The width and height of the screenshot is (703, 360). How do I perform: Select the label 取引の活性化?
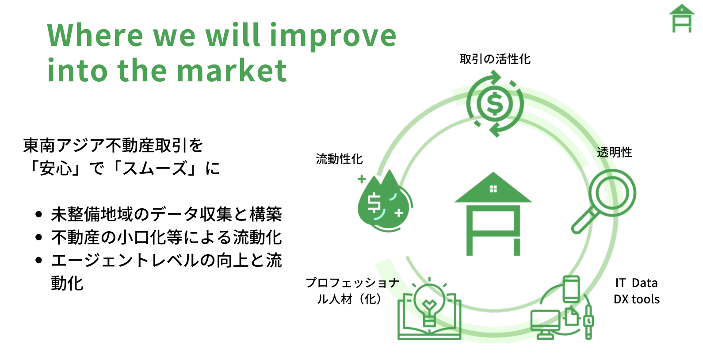(x=495, y=59)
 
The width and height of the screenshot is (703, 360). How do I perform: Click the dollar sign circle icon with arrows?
(x=495, y=103)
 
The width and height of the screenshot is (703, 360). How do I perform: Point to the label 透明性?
(x=614, y=152)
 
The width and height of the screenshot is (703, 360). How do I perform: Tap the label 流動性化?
(x=339, y=159)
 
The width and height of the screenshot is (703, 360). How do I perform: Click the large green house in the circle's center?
(x=493, y=214)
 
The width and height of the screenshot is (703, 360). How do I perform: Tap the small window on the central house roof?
(x=493, y=189)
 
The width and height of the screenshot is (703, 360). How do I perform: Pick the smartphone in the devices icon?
(x=571, y=289)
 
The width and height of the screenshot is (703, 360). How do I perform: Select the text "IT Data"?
(x=636, y=283)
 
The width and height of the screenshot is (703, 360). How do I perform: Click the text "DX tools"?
(x=637, y=299)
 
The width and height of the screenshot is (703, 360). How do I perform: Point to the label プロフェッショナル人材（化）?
(x=352, y=291)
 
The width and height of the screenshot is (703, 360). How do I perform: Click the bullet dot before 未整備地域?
(x=39, y=214)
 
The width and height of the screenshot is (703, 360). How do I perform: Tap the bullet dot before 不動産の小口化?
(x=39, y=237)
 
